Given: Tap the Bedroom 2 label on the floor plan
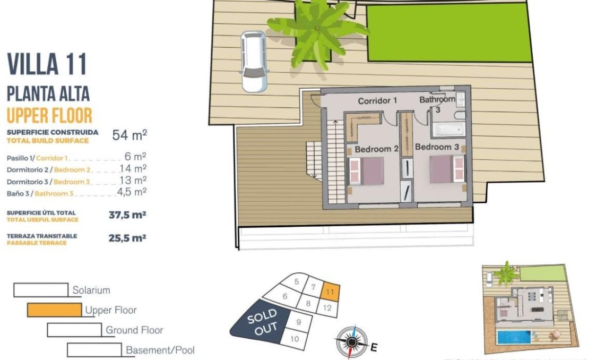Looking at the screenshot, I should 376,149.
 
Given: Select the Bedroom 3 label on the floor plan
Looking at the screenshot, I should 437,147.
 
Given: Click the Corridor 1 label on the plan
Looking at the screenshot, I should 377,101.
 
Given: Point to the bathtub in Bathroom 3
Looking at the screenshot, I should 448,129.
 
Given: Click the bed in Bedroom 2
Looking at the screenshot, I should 366,170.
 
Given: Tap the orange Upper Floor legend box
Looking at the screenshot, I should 55,310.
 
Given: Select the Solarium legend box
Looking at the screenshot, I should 41,290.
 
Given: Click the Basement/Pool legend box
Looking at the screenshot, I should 94,350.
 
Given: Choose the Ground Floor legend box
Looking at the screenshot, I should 74,330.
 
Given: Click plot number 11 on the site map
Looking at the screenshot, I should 330,292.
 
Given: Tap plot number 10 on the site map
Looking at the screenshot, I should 295,338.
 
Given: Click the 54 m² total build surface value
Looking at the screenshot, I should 129,135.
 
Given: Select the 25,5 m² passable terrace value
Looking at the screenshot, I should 127,238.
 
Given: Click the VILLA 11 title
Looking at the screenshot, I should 47,64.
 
